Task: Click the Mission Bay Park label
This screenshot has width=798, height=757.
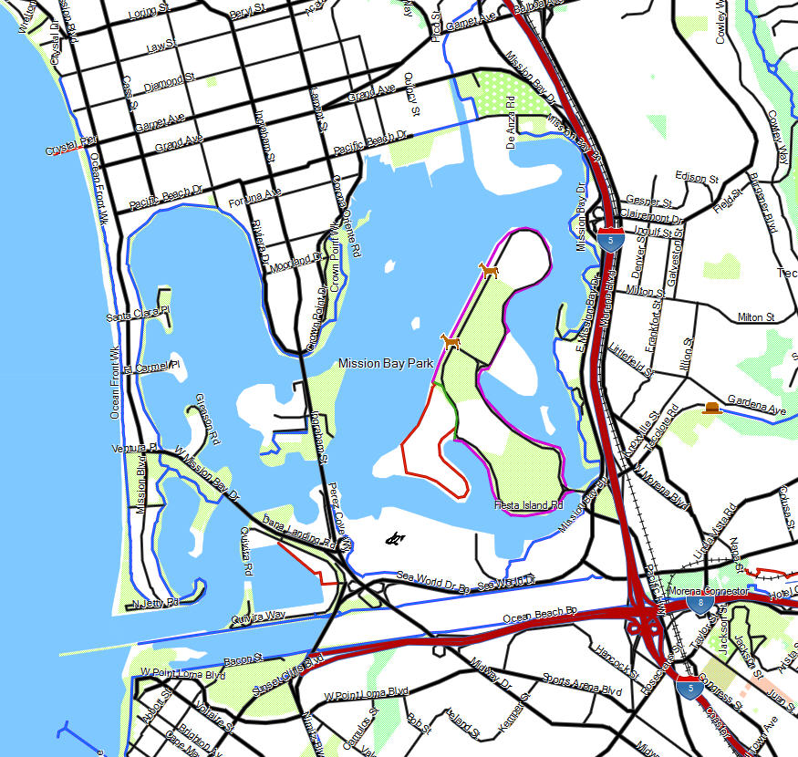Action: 385,363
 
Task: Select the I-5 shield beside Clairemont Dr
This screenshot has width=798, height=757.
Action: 612,240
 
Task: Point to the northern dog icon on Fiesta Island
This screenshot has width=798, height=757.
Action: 490,270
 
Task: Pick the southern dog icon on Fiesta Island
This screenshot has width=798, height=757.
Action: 450,342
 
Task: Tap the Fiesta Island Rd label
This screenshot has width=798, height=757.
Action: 530,503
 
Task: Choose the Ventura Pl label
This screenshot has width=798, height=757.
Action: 135,448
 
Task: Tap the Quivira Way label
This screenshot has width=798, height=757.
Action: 258,617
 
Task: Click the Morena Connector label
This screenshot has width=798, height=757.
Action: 709,591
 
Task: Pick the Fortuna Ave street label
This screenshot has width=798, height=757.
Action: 254,195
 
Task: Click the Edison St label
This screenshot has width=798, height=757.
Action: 698,176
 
